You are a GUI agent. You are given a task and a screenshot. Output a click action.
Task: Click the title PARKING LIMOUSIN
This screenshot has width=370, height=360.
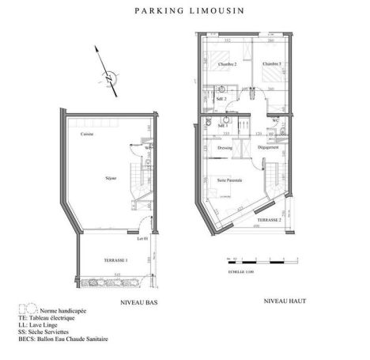(x=184, y=12)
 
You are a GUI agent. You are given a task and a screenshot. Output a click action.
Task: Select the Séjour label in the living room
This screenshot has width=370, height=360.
(x=111, y=177)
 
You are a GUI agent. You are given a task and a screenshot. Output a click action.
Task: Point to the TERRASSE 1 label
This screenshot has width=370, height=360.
(x=115, y=260)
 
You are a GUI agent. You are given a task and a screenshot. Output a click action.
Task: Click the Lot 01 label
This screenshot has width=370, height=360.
(x=142, y=238)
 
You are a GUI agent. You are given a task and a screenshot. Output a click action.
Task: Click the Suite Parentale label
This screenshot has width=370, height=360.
(x=229, y=180)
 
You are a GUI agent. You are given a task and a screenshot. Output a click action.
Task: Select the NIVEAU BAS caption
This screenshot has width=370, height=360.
(x=137, y=303)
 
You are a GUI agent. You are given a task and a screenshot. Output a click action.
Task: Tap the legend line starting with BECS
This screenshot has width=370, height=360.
(x=67, y=339)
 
